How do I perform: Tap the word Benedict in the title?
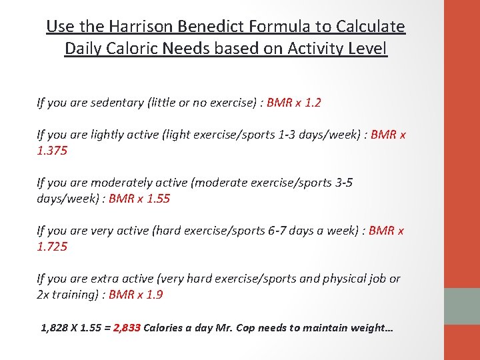(213, 27)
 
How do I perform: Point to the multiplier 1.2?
(313, 103)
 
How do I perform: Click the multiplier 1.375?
(52, 151)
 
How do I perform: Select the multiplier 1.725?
(52, 247)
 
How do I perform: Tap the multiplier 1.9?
(154, 295)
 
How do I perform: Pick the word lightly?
(111, 135)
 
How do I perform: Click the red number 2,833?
(127, 328)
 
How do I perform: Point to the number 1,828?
(55, 328)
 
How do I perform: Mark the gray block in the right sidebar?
(462, 306)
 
